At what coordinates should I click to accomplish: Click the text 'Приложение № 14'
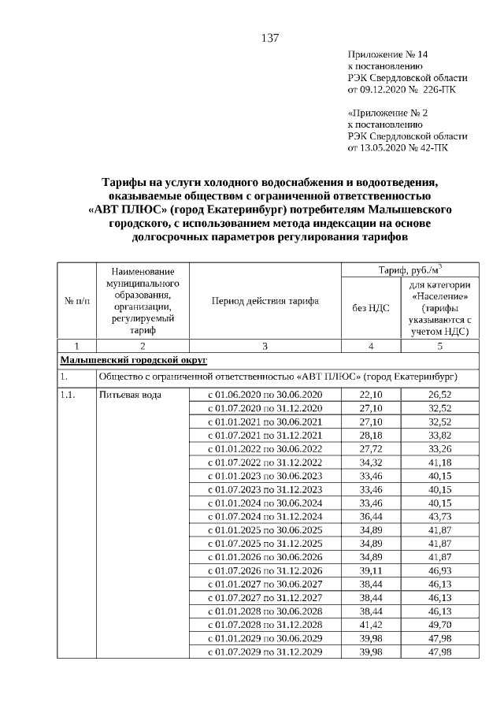387,54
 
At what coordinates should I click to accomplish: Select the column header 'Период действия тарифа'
265,302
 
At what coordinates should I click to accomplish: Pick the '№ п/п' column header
76,302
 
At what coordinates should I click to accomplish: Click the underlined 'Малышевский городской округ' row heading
134,360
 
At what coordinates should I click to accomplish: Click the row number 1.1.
69,394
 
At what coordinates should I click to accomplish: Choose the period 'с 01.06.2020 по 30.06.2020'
265,394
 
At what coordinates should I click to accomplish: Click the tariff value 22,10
370,394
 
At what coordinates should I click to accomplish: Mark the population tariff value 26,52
439,394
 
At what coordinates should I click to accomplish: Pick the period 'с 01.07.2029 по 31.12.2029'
265,652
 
